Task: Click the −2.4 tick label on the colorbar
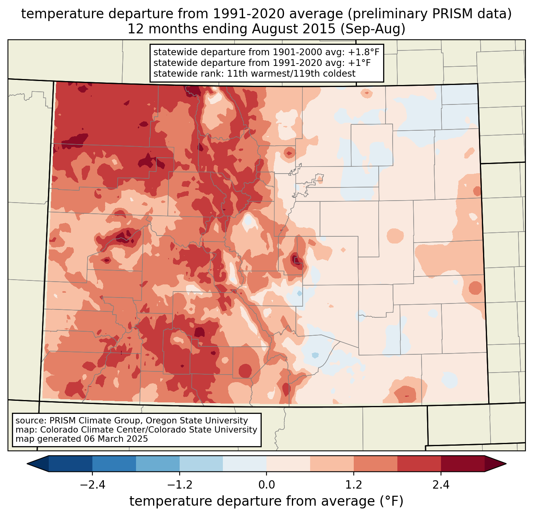(92, 485)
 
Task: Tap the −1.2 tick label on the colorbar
(179, 485)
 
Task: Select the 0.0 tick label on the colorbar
(266, 485)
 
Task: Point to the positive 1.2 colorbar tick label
(354, 485)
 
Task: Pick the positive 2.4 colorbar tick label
(441, 485)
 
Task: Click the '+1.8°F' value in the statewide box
(364, 52)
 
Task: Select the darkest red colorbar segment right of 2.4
(462, 464)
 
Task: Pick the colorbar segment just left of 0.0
(245, 464)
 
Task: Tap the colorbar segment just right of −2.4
(114, 464)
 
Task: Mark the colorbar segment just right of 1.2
(375, 464)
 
